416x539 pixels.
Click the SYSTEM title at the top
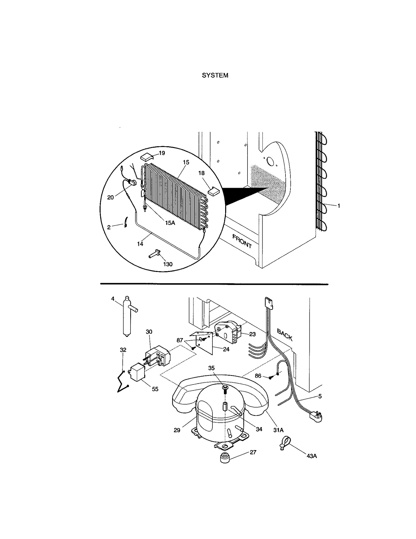(x=215, y=75)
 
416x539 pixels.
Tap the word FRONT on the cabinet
(x=242, y=241)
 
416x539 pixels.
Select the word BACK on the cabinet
(x=285, y=335)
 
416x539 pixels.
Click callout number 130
(x=168, y=264)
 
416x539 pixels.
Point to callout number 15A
(x=170, y=223)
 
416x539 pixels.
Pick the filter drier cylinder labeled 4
(x=127, y=317)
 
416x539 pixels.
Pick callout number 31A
(x=278, y=430)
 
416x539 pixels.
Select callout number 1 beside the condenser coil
(x=339, y=206)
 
